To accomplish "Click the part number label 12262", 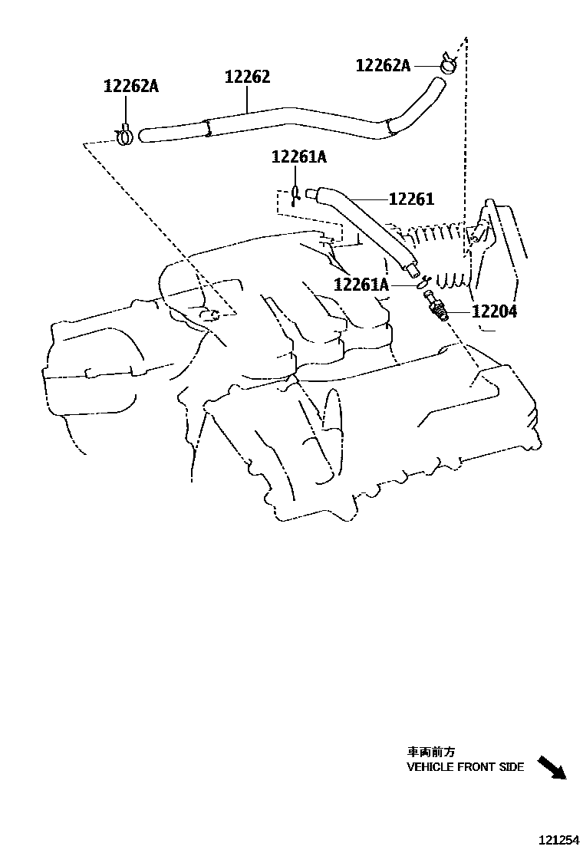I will coord(247,77).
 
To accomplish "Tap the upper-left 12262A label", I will coord(130,87).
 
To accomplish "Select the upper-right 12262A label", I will coord(383,66).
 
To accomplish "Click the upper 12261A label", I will coord(298,157).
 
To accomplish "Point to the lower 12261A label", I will coord(362,285).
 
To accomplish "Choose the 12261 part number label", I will coord(411,199).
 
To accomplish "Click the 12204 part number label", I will coord(494,311).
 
